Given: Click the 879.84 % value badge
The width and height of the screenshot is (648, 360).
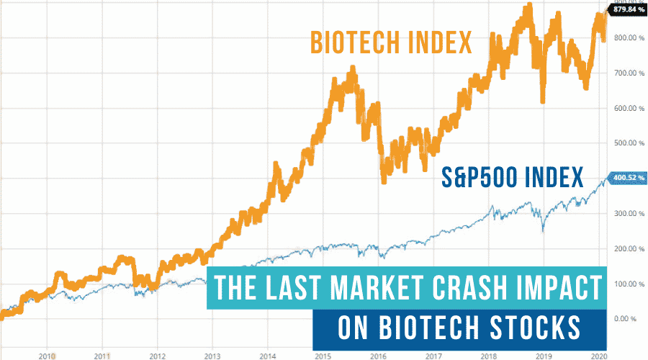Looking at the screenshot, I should (628, 9).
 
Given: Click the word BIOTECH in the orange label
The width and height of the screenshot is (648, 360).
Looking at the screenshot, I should (354, 42).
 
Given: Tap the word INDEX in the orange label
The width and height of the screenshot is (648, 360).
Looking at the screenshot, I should (440, 42).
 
